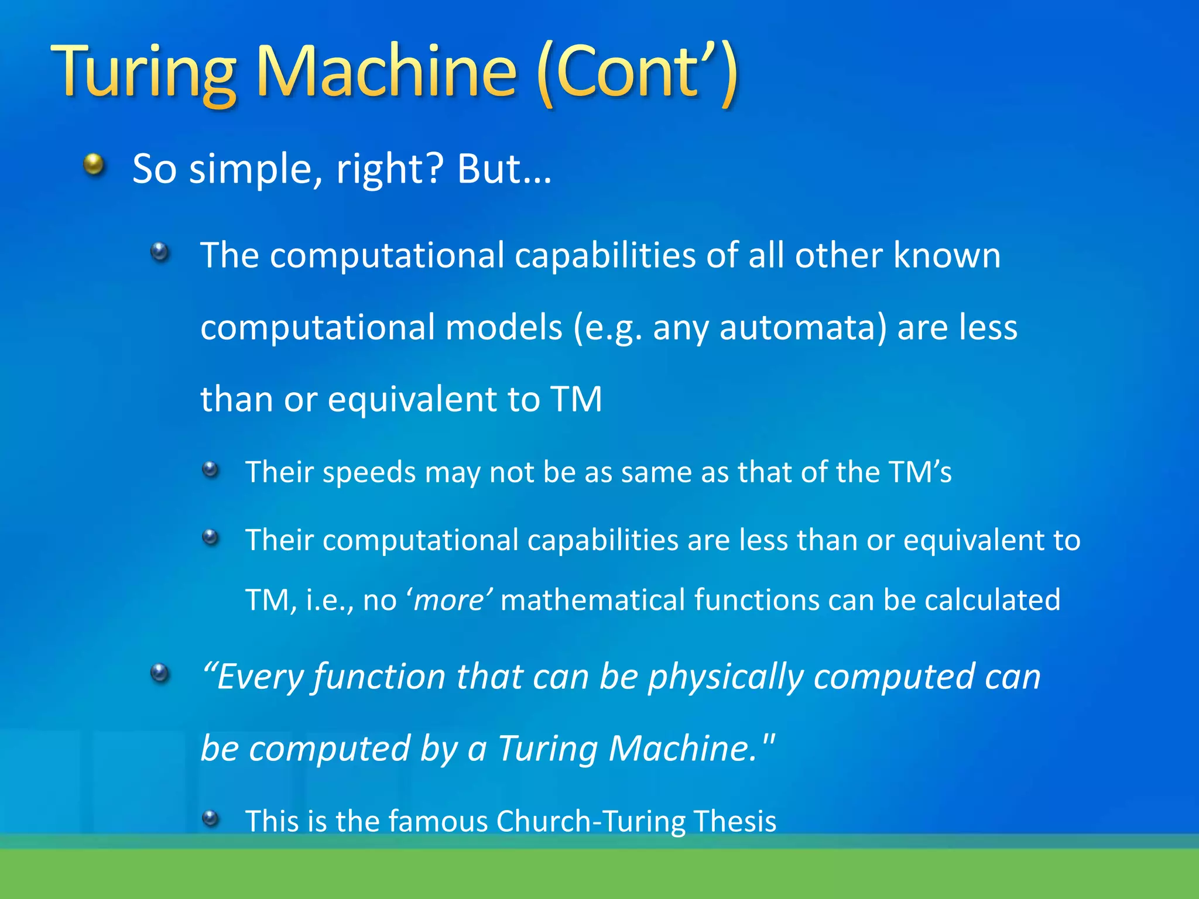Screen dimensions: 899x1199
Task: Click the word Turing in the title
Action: coord(143,73)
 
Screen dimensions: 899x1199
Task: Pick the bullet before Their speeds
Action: coord(210,469)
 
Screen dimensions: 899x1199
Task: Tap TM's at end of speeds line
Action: coord(920,472)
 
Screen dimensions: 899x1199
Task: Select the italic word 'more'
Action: coord(450,601)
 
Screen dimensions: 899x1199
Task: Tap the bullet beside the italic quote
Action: coord(160,673)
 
